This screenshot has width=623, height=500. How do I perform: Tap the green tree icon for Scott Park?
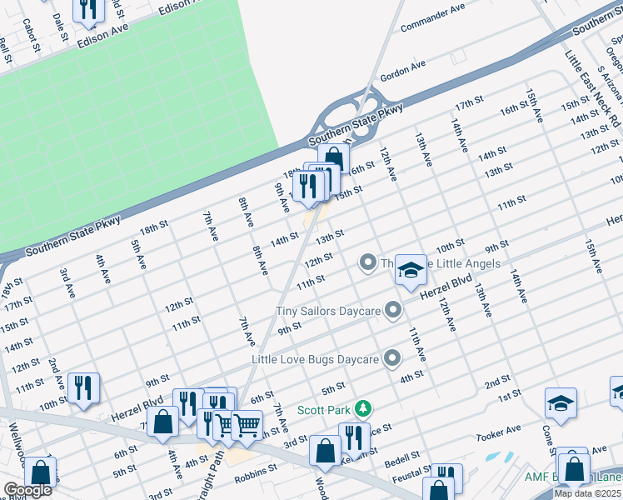(363, 408)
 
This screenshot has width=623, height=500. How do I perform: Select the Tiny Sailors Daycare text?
(328, 311)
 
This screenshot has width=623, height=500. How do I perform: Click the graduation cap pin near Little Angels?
(411, 270)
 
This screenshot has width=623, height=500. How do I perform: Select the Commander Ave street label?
(432, 17)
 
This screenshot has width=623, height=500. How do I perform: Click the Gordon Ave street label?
(402, 70)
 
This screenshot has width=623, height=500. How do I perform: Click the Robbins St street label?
(256, 471)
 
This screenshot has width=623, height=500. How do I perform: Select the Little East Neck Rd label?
(593, 88)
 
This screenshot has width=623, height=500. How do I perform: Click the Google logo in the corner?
(27, 490)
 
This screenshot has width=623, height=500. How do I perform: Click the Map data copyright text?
(588, 493)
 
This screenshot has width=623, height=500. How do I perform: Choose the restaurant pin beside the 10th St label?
(84, 388)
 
